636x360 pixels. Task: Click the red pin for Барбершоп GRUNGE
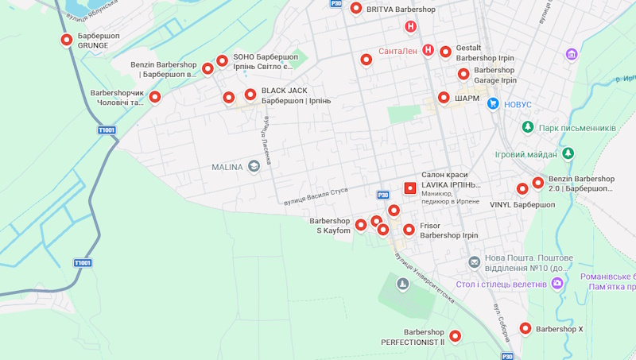(66, 40)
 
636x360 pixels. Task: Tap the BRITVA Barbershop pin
(355, 9)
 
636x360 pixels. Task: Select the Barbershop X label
(559, 329)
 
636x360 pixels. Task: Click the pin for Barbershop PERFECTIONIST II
(456, 335)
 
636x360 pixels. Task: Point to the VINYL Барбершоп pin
(522, 189)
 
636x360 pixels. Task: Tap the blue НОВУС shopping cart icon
(493, 103)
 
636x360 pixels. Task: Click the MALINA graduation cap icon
(254, 166)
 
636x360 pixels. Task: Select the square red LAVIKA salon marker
(410, 188)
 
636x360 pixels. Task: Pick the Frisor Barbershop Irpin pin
(409, 230)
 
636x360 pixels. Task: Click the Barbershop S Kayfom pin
(361, 225)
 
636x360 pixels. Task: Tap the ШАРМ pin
(444, 98)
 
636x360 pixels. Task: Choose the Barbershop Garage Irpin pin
(463, 74)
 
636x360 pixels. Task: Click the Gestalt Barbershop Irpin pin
(445, 52)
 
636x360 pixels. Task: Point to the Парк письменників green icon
(527, 127)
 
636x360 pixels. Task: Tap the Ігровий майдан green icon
(567, 153)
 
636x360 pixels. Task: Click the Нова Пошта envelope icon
(474, 262)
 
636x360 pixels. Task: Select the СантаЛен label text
(397, 51)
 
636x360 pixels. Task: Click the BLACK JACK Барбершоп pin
(250, 95)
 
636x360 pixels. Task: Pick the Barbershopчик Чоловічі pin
(155, 97)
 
